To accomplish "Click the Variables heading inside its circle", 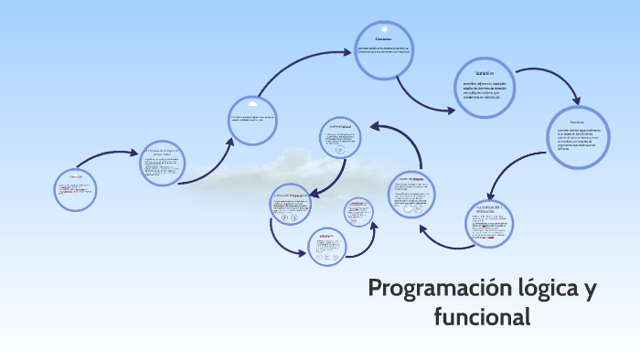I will pyautogui.click(x=485, y=72).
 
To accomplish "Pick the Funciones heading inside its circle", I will pyautogui.click(x=576, y=122).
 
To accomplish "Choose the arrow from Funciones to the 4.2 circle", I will pyautogui.click(x=512, y=174).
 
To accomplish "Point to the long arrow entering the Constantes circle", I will pyautogui.click(x=302, y=64).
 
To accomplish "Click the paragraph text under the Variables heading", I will pyautogui.click(x=485, y=88).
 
